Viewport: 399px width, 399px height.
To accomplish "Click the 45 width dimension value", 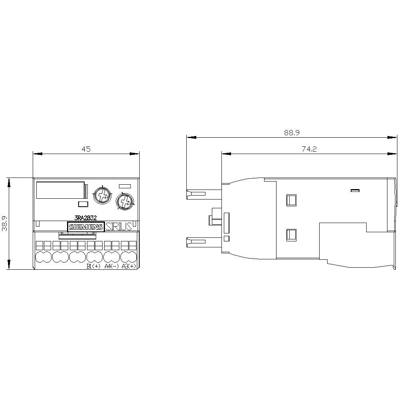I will pos(86,149).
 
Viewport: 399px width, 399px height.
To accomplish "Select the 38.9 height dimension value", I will pos(4,223).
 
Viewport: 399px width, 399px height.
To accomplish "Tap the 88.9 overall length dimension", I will pos(292,133).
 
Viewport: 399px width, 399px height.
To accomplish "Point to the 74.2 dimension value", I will pos(309,149).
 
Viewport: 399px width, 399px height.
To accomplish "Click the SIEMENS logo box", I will pos(86,227).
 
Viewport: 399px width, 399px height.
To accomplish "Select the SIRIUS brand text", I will pos(119,227).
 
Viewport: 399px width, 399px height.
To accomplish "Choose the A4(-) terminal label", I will pos(111,267).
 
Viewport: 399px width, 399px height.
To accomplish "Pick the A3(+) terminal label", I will pos(129,267).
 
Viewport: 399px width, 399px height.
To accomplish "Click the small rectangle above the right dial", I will pos(125,186).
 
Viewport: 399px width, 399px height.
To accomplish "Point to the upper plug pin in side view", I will pos(196,194).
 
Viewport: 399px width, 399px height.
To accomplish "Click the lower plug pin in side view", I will pos(196,241).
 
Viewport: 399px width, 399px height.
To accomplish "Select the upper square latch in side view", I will pos(291,199).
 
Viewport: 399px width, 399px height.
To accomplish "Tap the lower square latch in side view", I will pos(291,235).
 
